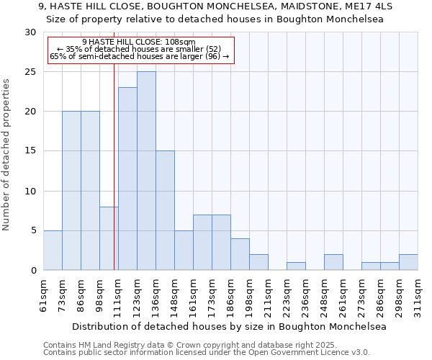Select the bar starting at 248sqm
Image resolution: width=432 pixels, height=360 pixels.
tap(333, 262)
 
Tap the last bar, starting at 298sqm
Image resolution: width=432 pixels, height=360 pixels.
tap(408, 262)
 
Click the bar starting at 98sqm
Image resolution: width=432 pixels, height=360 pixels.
tap(109, 238)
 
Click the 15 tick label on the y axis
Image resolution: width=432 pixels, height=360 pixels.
tap(30, 151)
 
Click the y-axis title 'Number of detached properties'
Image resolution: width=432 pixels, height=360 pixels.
tap(6, 155)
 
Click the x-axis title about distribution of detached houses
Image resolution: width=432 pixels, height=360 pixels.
tap(220, 326)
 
